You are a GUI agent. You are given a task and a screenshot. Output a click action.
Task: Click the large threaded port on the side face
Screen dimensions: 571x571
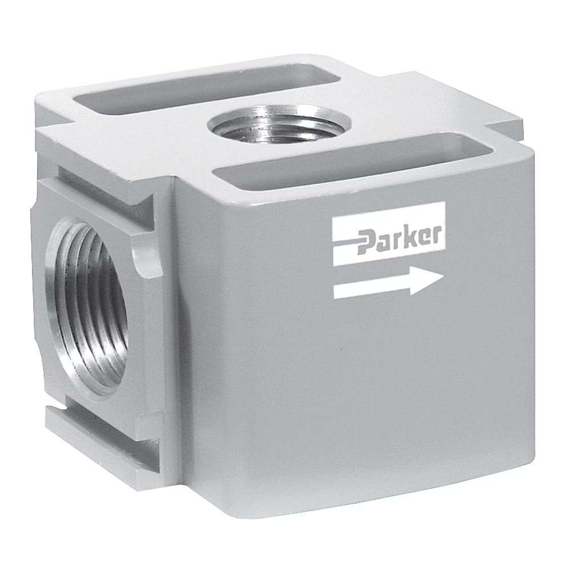(91, 308)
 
